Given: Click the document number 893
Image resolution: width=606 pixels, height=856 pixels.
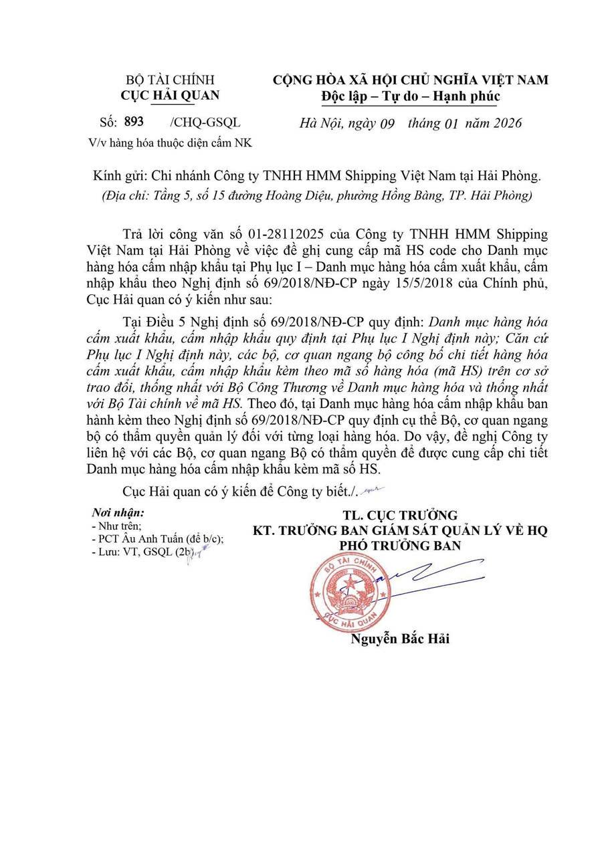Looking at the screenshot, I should (x=134, y=122).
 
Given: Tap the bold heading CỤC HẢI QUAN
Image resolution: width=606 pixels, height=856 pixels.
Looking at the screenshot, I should (x=170, y=96).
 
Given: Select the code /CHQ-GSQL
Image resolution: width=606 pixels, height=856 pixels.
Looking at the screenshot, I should (x=205, y=122).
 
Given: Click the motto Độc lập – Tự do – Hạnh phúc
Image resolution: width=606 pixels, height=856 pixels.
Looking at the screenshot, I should (x=410, y=96).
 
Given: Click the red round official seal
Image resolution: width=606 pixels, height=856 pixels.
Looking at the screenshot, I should (x=349, y=589).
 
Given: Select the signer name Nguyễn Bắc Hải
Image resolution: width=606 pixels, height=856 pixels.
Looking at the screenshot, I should (x=400, y=639).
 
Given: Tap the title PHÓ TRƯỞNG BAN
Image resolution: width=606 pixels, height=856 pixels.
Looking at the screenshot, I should (x=400, y=546).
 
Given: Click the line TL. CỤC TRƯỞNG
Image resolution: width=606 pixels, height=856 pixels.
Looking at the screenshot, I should (x=400, y=515).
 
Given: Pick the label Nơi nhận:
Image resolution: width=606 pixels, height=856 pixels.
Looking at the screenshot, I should (x=118, y=514).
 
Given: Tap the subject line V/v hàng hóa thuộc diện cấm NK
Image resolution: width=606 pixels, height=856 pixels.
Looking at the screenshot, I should (x=170, y=142).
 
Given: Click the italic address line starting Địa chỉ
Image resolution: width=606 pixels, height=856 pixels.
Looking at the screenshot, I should (x=316, y=196).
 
